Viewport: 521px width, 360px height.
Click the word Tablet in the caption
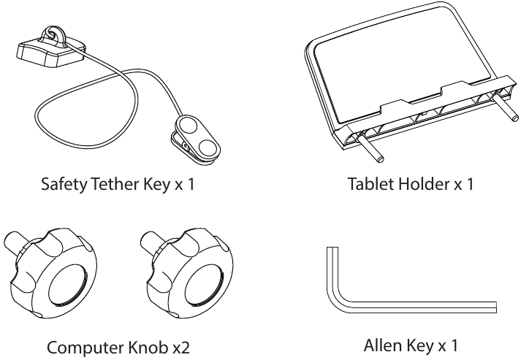(370, 184)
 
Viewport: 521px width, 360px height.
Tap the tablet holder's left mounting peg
(370, 147)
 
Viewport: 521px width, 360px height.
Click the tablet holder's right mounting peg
(504, 108)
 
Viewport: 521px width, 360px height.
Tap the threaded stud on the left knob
(15, 243)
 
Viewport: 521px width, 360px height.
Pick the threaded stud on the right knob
(151, 243)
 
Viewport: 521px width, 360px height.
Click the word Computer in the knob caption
(85, 348)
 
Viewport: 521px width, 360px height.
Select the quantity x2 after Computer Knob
(180, 348)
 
